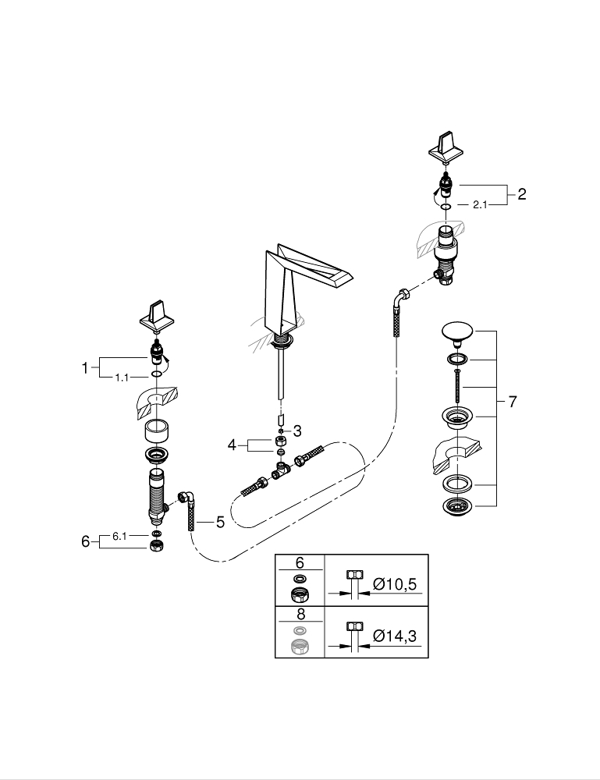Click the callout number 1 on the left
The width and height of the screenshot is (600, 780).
pyautogui.click(x=85, y=368)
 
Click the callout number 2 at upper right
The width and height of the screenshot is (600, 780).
pyautogui.click(x=521, y=193)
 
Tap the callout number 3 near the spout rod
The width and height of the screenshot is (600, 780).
pyautogui.click(x=297, y=431)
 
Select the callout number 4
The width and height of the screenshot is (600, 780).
pyautogui.click(x=233, y=445)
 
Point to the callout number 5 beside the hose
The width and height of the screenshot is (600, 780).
pyautogui.click(x=220, y=522)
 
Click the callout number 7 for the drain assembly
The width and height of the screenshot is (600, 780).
pyautogui.click(x=513, y=401)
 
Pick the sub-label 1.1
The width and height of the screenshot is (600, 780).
pyautogui.click(x=122, y=378)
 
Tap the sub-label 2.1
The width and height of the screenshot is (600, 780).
pyautogui.click(x=480, y=204)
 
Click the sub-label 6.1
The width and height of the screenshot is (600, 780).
pyautogui.click(x=119, y=536)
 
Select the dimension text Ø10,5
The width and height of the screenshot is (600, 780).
pyautogui.click(x=395, y=583)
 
